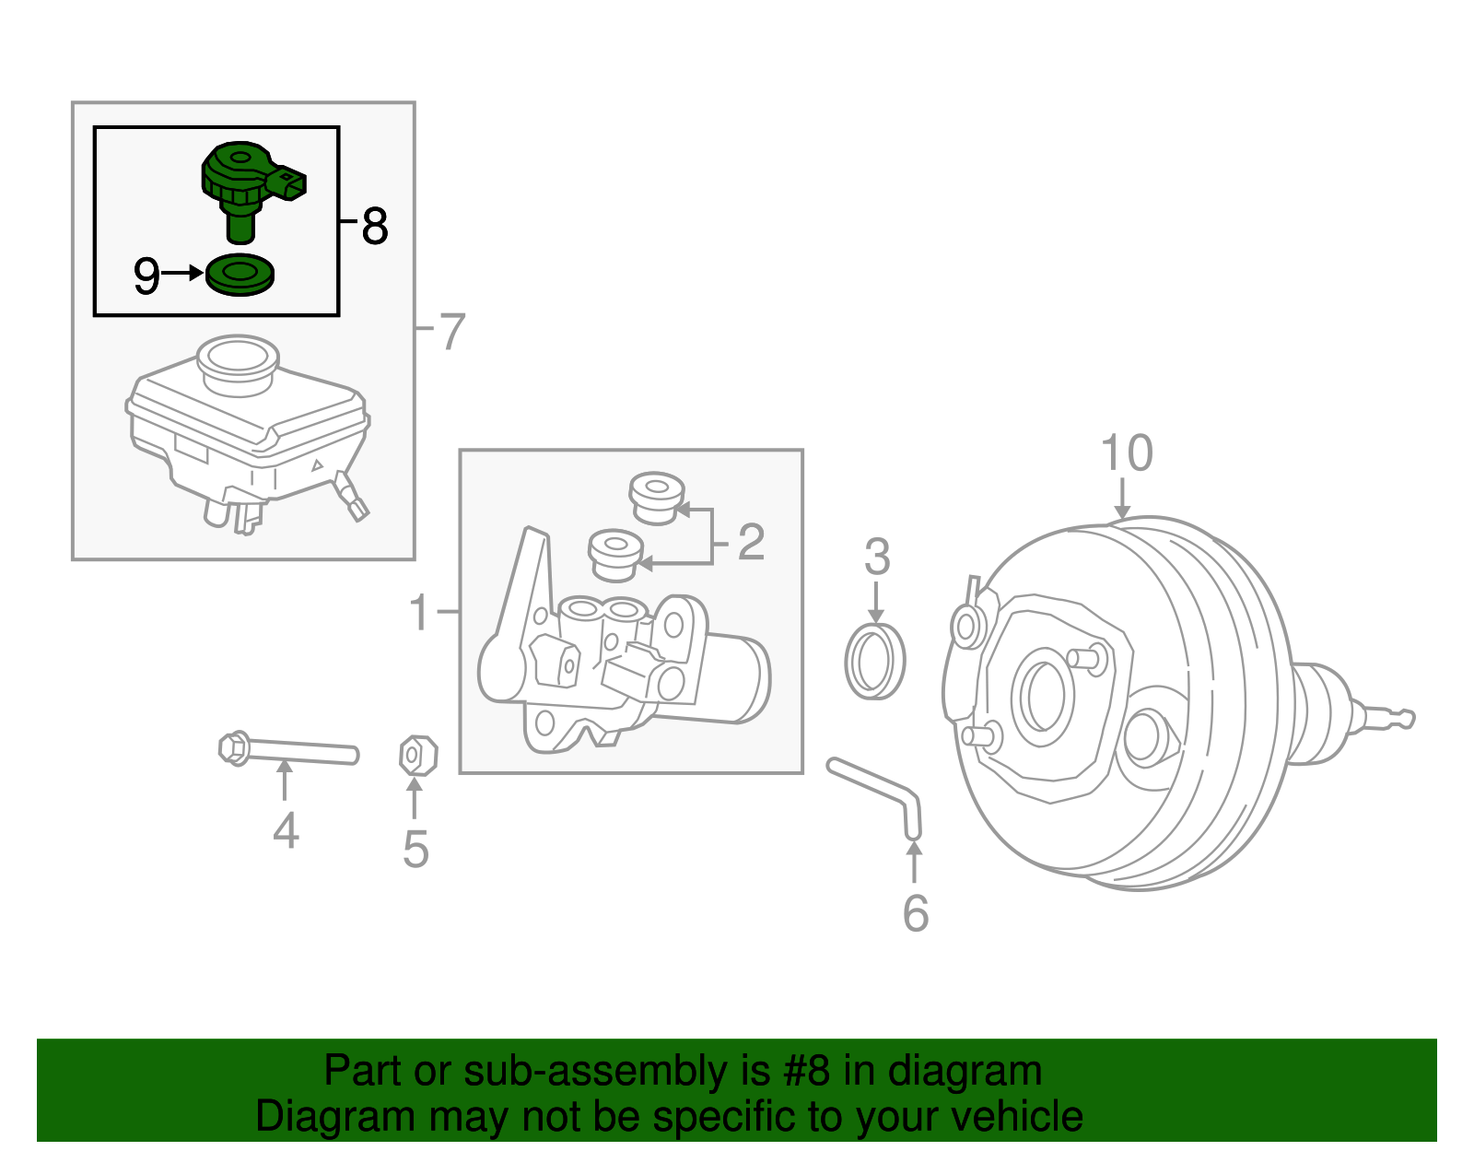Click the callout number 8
(x=374, y=227)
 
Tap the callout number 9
(x=146, y=275)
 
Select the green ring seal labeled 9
(x=240, y=276)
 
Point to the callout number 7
(x=451, y=332)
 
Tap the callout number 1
(x=419, y=613)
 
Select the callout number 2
(x=751, y=543)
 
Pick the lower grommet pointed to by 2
(x=614, y=553)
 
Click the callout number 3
(x=877, y=558)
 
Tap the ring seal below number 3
(x=875, y=661)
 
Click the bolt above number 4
(x=286, y=749)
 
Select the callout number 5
(x=415, y=850)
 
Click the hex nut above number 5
(x=416, y=756)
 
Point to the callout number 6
(x=915, y=912)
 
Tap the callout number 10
(x=1126, y=453)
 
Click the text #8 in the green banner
(x=807, y=1071)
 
